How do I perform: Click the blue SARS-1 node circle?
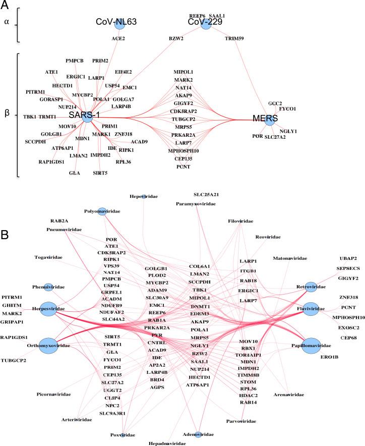pyautogui.click(x=87, y=117)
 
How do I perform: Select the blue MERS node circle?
pyautogui.click(x=269, y=120)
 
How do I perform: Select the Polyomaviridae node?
pyautogui.click(x=102, y=211)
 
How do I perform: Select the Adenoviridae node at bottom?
pyautogui.click(x=198, y=434)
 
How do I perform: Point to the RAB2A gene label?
pyautogui.click(x=60, y=221)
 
